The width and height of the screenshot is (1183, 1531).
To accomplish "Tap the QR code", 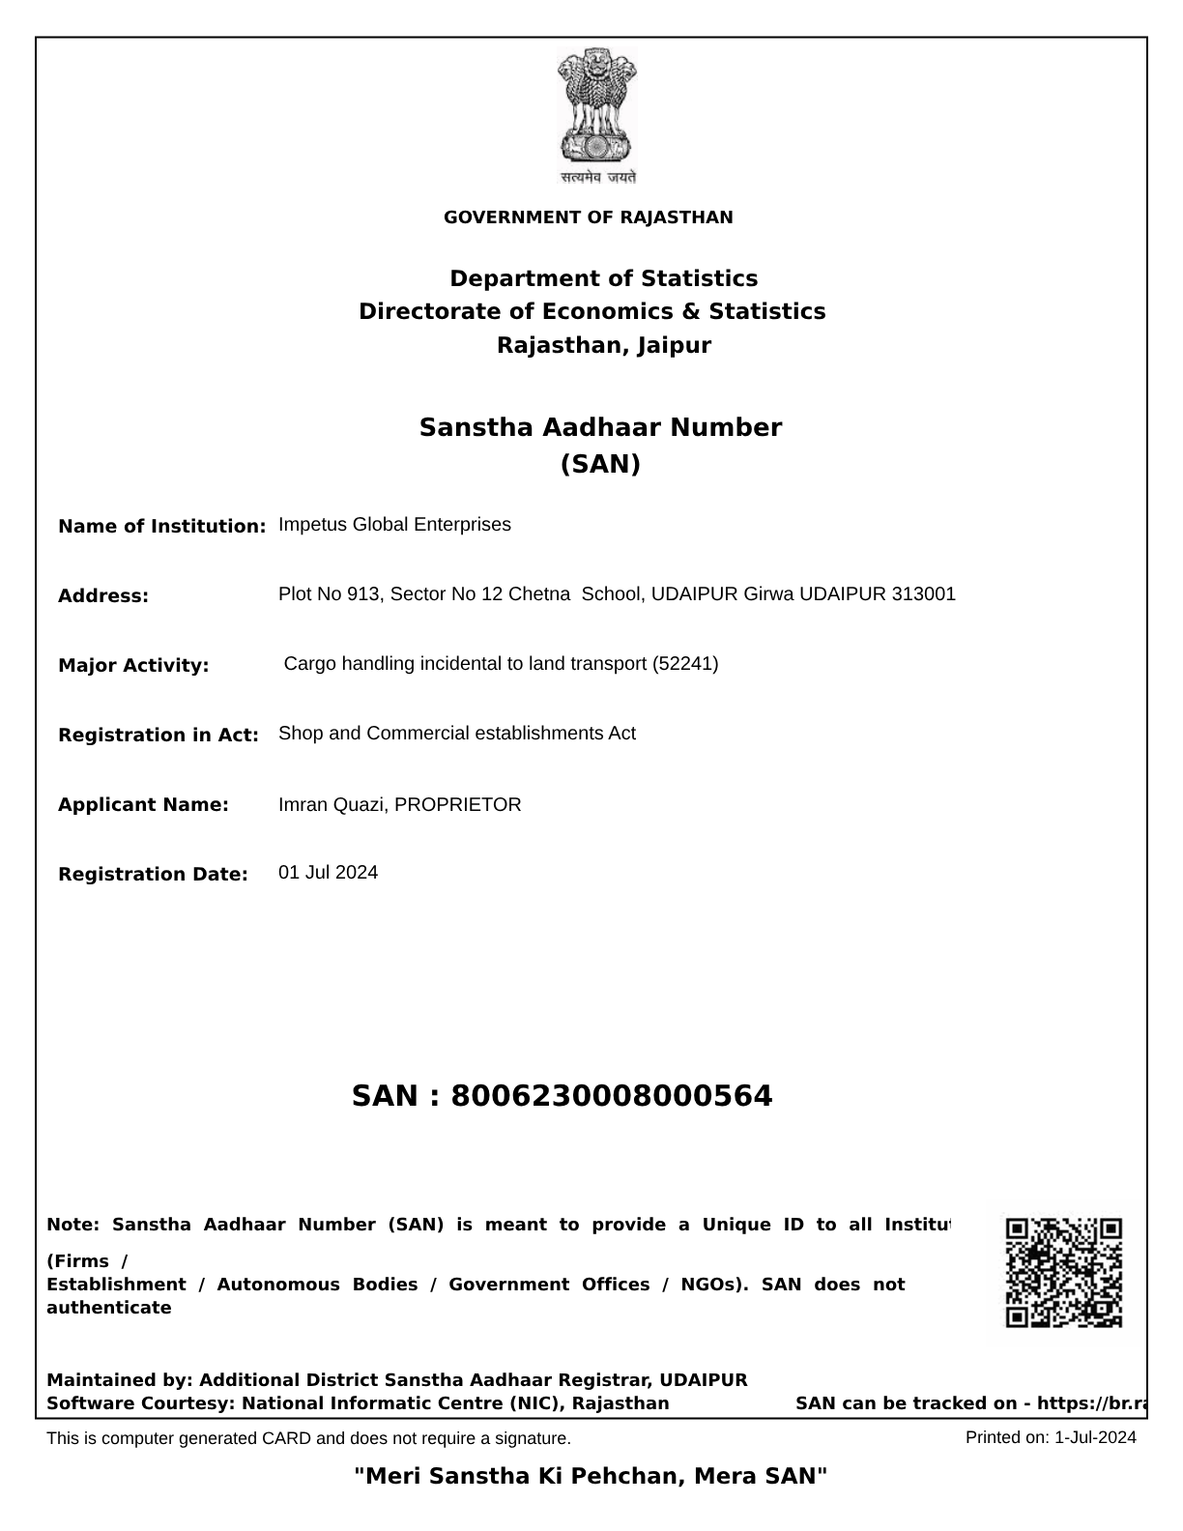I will (1063, 1272).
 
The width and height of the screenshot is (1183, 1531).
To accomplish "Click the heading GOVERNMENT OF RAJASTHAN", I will (588, 217).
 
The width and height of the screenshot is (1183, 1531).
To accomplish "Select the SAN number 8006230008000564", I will (612, 1096).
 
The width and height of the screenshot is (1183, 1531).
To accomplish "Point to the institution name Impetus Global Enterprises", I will (394, 525).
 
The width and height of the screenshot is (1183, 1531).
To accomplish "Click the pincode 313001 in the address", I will (923, 594).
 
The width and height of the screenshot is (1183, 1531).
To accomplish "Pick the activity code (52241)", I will (685, 664).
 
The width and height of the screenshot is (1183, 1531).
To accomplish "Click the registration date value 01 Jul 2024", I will (328, 873).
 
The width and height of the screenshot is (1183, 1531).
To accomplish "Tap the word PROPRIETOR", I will (458, 805).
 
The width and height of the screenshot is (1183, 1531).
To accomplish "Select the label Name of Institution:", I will (161, 527).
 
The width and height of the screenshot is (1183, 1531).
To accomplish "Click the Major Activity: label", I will (133, 666).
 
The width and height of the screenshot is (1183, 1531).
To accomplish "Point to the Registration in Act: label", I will (159, 736).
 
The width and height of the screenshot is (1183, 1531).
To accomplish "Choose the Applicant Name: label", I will (143, 805).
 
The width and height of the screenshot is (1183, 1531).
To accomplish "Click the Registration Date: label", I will (153, 875).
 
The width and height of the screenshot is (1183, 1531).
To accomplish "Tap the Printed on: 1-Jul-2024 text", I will (1051, 1437).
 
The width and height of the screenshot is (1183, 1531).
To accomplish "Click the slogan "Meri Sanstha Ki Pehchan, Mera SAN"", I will (591, 1476).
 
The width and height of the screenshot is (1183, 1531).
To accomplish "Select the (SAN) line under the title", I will (600, 465).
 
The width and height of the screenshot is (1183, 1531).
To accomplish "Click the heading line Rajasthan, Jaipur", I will (603, 345).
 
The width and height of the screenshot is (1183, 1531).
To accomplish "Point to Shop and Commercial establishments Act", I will (456, 734).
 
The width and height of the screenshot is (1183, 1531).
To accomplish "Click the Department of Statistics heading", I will (603, 278).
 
